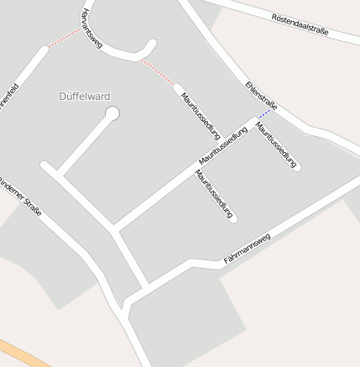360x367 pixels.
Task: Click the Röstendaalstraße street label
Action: (x=300, y=24)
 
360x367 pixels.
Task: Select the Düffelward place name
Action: (x=85, y=96)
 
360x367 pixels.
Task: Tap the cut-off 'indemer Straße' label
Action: (x=20, y=195)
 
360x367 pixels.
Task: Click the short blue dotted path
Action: (x=265, y=113)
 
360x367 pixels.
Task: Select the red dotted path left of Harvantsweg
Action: (x=65, y=37)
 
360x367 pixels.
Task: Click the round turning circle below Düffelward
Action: (x=112, y=113)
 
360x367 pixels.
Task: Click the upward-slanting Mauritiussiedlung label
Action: (x=223, y=145)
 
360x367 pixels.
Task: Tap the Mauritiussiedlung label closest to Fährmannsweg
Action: (x=213, y=194)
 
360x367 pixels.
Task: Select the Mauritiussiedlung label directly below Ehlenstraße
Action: (x=276, y=145)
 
